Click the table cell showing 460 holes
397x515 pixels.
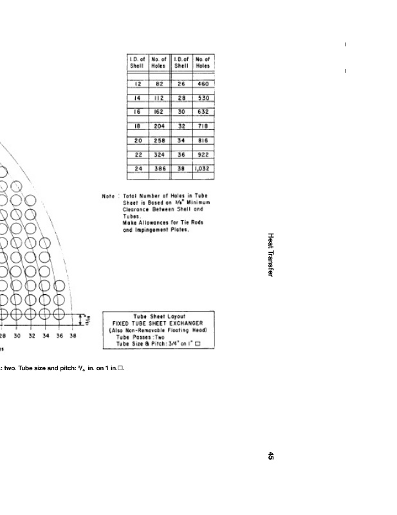coord(203,84)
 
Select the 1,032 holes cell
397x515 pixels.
coord(203,169)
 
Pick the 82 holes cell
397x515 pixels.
coord(159,84)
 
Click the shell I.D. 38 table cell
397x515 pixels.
coord(181,169)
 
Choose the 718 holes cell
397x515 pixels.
coord(203,127)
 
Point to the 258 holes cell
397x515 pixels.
coord(159,140)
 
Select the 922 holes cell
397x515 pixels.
coord(203,154)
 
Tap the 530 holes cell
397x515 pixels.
coord(203,98)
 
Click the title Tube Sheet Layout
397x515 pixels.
coord(159,317)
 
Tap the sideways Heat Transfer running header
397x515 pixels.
coord(271,255)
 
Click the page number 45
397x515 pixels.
coord(271,456)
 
